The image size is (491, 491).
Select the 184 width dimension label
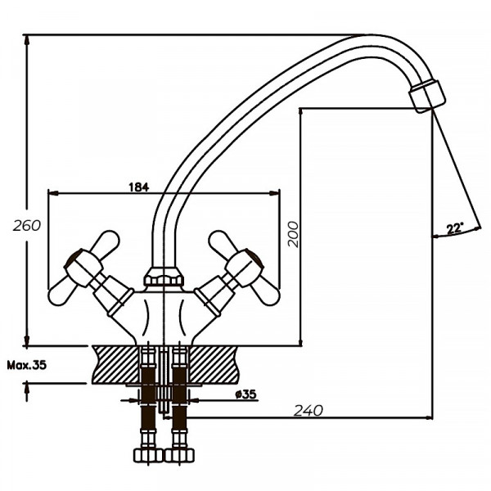[x=138, y=187]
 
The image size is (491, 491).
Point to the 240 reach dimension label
[x=309, y=409]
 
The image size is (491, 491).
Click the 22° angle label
[x=454, y=228]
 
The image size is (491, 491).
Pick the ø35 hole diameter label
[x=245, y=394]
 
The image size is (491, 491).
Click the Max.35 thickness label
[x=24, y=365]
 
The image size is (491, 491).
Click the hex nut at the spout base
[x=164, y=277]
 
